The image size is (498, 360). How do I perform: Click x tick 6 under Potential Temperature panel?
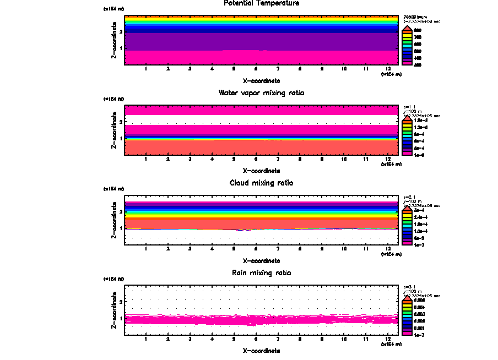click(256, 69)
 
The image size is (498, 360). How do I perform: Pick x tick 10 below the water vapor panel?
click(344, 159)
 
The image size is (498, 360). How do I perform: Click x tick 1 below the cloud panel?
click(146, 249)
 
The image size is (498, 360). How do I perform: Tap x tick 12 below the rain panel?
click(388, 339)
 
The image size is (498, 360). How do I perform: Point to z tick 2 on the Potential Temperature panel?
click(121, 31)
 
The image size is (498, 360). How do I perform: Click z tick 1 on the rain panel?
click(121, 318)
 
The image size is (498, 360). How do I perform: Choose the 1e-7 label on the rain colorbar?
click(418, 334)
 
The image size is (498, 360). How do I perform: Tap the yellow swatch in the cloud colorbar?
click(407, 217)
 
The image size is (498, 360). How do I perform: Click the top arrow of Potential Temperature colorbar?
click(407, 26)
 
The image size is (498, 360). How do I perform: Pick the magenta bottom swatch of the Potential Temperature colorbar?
click(407, 64)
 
